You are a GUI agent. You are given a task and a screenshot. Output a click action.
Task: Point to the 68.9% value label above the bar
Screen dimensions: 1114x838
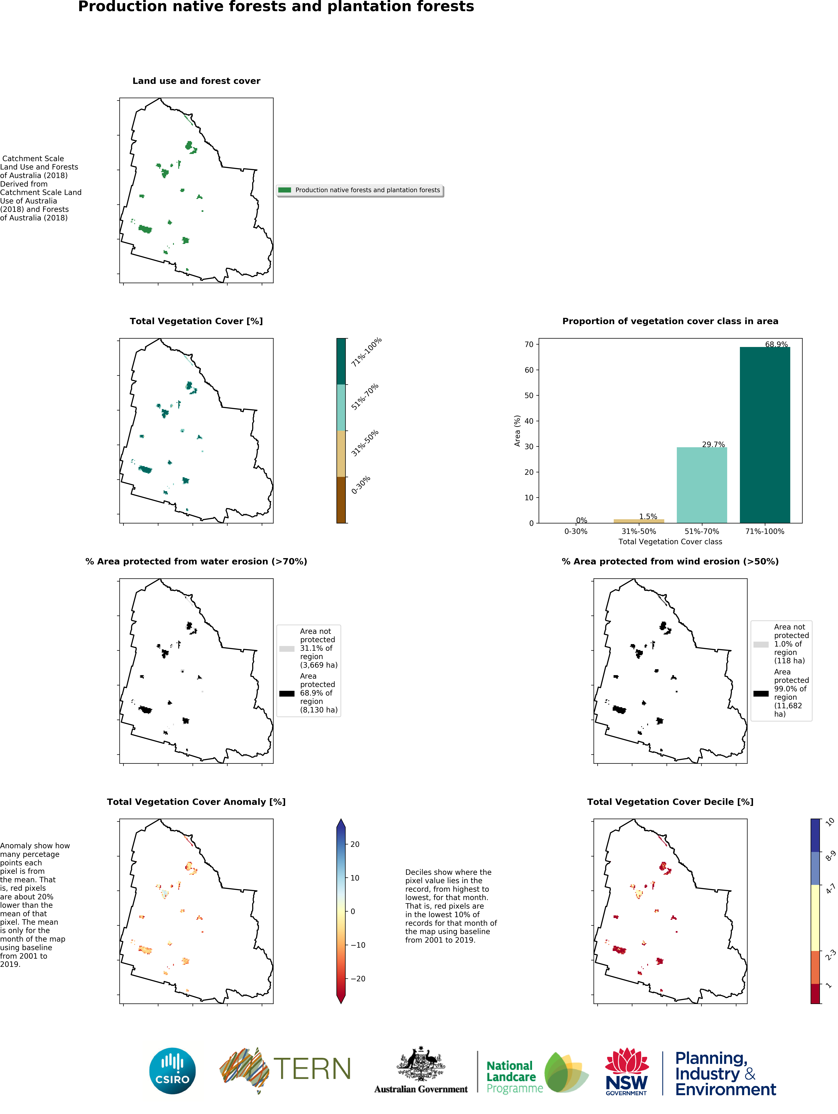click(776, 345)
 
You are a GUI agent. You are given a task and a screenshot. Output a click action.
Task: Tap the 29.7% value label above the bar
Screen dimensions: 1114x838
click(713, 444)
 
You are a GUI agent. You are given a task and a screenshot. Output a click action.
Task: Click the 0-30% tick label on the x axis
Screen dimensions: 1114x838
click(575, 531)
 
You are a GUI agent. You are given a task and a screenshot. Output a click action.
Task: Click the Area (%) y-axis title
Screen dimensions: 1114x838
click(517, 431)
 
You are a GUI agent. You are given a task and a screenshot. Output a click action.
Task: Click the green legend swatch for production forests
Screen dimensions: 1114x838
click(285, 190)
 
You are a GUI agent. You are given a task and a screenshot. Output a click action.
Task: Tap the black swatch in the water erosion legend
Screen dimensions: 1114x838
click(287, 693)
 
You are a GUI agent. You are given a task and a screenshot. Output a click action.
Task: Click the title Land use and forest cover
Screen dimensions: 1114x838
click(196, 81)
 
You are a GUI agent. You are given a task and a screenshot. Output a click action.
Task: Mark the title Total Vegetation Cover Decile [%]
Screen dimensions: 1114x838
click(670, 802)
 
